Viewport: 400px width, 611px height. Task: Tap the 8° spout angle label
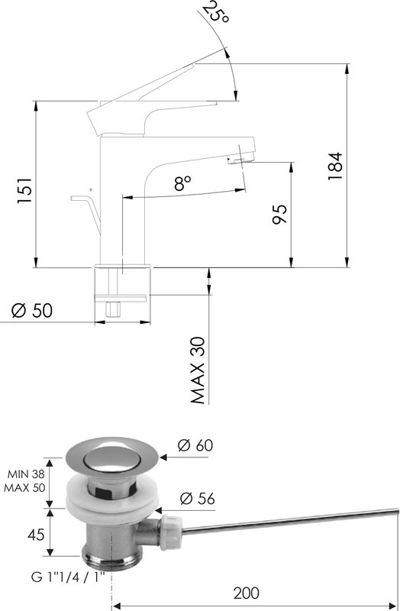183,183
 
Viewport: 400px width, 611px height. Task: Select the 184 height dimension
335,166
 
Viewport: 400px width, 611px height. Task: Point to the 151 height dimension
24,190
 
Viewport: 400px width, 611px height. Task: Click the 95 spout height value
279,214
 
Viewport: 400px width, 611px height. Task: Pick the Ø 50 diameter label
31,311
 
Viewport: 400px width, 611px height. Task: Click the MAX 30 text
198,370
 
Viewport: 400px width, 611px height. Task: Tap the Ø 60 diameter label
195,445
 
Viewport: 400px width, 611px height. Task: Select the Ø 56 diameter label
198,499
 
